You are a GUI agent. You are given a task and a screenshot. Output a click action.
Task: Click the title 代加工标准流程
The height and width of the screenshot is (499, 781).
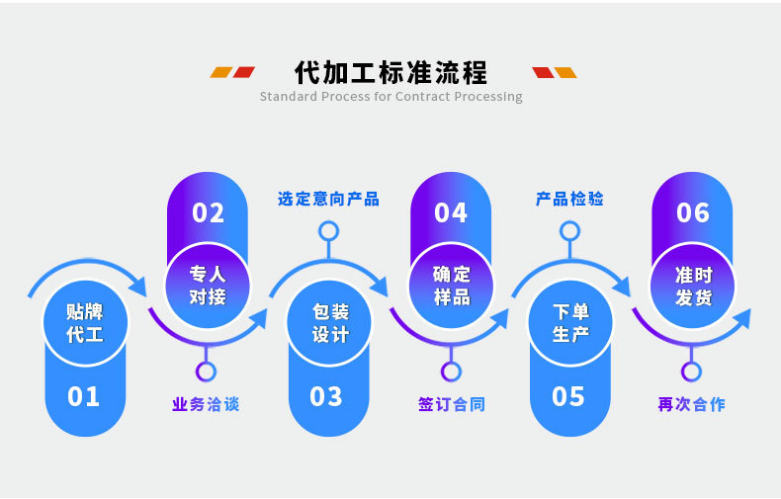point(390,72)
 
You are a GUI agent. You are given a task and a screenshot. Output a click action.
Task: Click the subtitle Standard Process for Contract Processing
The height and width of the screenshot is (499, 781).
point(390,97)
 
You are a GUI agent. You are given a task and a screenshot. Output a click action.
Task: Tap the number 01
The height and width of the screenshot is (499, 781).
point(84,397)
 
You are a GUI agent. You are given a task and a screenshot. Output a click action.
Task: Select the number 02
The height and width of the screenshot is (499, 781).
point(208,213)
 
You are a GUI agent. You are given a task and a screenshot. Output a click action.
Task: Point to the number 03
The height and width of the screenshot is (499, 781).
point(326,397)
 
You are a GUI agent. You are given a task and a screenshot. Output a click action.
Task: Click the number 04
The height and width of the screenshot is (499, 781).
point(451,213)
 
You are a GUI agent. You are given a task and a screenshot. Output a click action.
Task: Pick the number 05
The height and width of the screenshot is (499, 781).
point(568,397)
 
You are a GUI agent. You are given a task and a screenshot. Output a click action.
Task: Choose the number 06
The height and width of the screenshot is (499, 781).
point(693,213)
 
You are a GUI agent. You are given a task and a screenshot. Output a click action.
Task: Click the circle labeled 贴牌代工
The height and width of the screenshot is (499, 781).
point(84,322)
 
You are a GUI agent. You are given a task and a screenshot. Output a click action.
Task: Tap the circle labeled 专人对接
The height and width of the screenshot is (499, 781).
point(208,285)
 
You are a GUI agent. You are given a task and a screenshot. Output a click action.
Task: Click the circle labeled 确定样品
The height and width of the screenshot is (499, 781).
point(451,285)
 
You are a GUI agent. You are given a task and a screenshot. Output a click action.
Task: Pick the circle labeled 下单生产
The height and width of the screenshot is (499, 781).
point(570,322)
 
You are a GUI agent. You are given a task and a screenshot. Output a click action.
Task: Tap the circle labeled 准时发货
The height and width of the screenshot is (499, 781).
point(693,285)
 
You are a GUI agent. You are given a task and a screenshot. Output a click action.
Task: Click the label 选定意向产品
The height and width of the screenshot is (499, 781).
point(328,199)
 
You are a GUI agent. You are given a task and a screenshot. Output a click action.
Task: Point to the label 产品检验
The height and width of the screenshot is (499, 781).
point(569,199)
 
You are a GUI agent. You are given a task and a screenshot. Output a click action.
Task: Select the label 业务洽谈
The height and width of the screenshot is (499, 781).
point(206,404)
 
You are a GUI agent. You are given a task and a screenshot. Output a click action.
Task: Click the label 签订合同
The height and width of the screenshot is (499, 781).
point(451,404)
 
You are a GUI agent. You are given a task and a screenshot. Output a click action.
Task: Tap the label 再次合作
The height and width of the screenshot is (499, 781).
point(691,404)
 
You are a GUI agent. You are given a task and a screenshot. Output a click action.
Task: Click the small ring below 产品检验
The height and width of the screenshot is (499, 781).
point(569,231)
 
